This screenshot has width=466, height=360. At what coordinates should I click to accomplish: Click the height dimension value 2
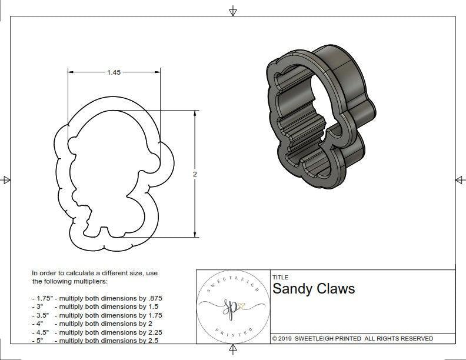point(195,174)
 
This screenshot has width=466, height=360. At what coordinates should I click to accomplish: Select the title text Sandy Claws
point(313,289)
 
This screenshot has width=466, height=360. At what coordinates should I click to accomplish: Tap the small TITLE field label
point(279,277)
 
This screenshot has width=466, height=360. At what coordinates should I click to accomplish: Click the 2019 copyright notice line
point(352,338)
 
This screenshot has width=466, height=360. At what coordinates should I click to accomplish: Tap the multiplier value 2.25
point(155,332)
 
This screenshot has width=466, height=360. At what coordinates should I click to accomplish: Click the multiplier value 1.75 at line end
point(155,315)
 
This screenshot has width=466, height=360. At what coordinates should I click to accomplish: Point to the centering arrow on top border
point(233,10)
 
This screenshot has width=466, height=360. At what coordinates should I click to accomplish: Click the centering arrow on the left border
point(6,180)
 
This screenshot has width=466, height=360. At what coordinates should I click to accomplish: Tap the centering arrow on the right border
point(460,180)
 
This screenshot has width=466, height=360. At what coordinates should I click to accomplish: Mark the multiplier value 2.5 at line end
point(152,340)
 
